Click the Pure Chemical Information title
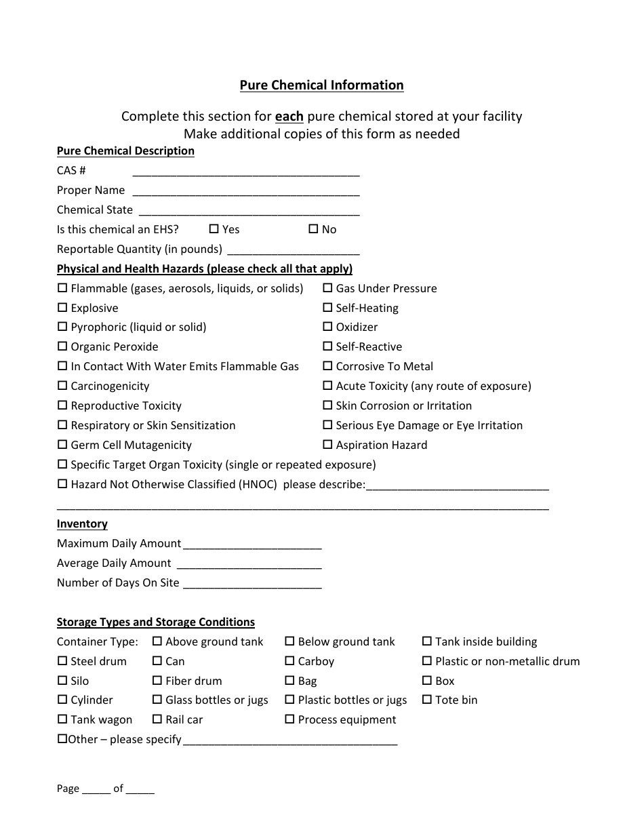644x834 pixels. coord(321,85)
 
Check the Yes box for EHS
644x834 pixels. coord(214,229)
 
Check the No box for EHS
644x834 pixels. coord(313,229)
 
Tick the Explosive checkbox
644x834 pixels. coord(62,308)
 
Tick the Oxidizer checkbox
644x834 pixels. coord(327,327)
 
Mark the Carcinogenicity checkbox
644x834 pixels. coord(62,386)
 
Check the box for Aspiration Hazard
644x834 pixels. coord(327,445)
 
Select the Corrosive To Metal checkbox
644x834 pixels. coord(327,366)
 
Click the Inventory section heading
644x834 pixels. coord(82,524)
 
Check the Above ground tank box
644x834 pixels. coord(157,641)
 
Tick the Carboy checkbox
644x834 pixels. coord(289,661)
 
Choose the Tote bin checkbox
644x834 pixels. coord(427,700)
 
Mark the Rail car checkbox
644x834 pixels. coord(157,719)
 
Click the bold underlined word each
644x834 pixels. coord(289,117)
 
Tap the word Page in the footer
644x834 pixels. coord(68,789)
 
